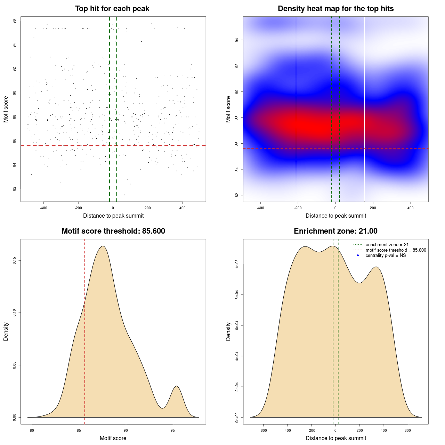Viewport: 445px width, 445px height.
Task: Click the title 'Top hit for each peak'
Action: coord(112,9)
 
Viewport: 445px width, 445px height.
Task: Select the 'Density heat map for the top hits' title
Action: coord(335,9)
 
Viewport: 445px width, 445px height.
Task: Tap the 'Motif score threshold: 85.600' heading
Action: coord(113,231)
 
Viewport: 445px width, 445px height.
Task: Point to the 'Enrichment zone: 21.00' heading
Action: coord(335,231)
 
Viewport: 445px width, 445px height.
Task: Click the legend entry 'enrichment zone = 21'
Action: coord(387,245)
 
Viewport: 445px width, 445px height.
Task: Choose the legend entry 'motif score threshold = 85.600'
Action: coord(396,250)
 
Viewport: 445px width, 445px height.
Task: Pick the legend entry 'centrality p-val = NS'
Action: coord(386,256)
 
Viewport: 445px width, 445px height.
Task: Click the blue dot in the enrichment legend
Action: coord(358,256)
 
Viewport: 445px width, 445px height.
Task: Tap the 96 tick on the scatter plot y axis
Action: coord(15,21)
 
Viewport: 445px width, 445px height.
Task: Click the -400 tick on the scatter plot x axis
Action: coord(43,208)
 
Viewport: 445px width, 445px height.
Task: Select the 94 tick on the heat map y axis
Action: coord(237,40)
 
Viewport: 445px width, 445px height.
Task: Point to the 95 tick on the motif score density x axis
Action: coord(173,430)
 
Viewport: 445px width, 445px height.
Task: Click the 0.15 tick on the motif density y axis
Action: coord(15,261)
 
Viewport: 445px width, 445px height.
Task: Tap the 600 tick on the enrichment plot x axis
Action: coord(408,430)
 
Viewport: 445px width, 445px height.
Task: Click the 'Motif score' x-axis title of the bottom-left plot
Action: coord(113,438)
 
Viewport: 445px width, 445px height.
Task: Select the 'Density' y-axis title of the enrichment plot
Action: coord(228,331)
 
